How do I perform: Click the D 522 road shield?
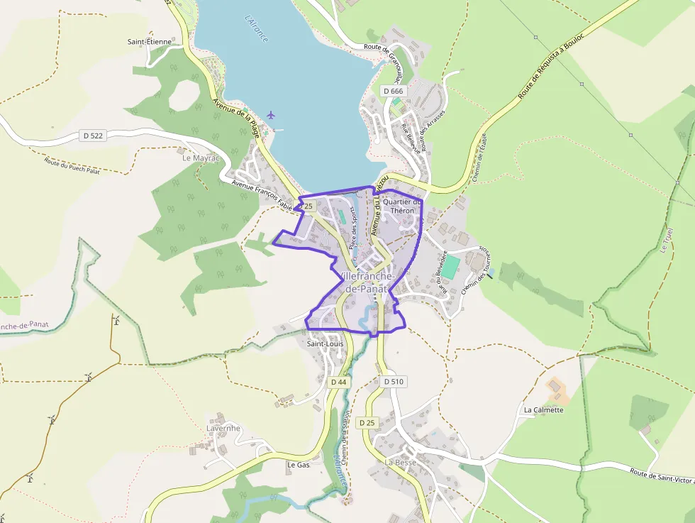click(93, 135)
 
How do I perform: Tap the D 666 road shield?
click(392, 91)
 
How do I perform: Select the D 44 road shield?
click(339, 382)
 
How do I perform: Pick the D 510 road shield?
click(394, 382)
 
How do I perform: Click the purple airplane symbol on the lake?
click(271, 114)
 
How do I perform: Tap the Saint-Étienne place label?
click(150, 42)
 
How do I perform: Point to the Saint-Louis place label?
click(325, 344)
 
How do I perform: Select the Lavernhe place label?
click(223, 429)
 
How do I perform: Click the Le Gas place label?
click(299, 465)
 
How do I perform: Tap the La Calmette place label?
click(543, 410)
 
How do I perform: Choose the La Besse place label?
click(401, 462)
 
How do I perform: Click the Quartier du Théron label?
click(402, 207)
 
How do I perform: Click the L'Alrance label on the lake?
click(256, 28)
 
